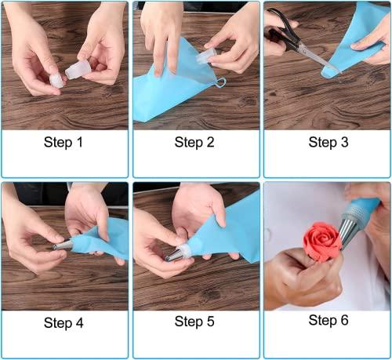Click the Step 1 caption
point(64,142)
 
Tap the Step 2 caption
point(194,142)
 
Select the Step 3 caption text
point(328,142)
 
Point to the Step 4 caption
point(64,323)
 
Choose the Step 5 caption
point(194,322)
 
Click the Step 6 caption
point(328,320)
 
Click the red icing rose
point(322,242)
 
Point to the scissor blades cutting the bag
point(318,58)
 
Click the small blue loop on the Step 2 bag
point(220,82)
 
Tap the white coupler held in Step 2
point(205,56)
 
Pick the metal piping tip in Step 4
point(63,245)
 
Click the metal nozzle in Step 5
point(173,255)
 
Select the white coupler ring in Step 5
point(184,249)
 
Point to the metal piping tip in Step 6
point(350,233)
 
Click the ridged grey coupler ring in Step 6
point(355,212)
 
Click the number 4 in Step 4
point(79,323)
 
